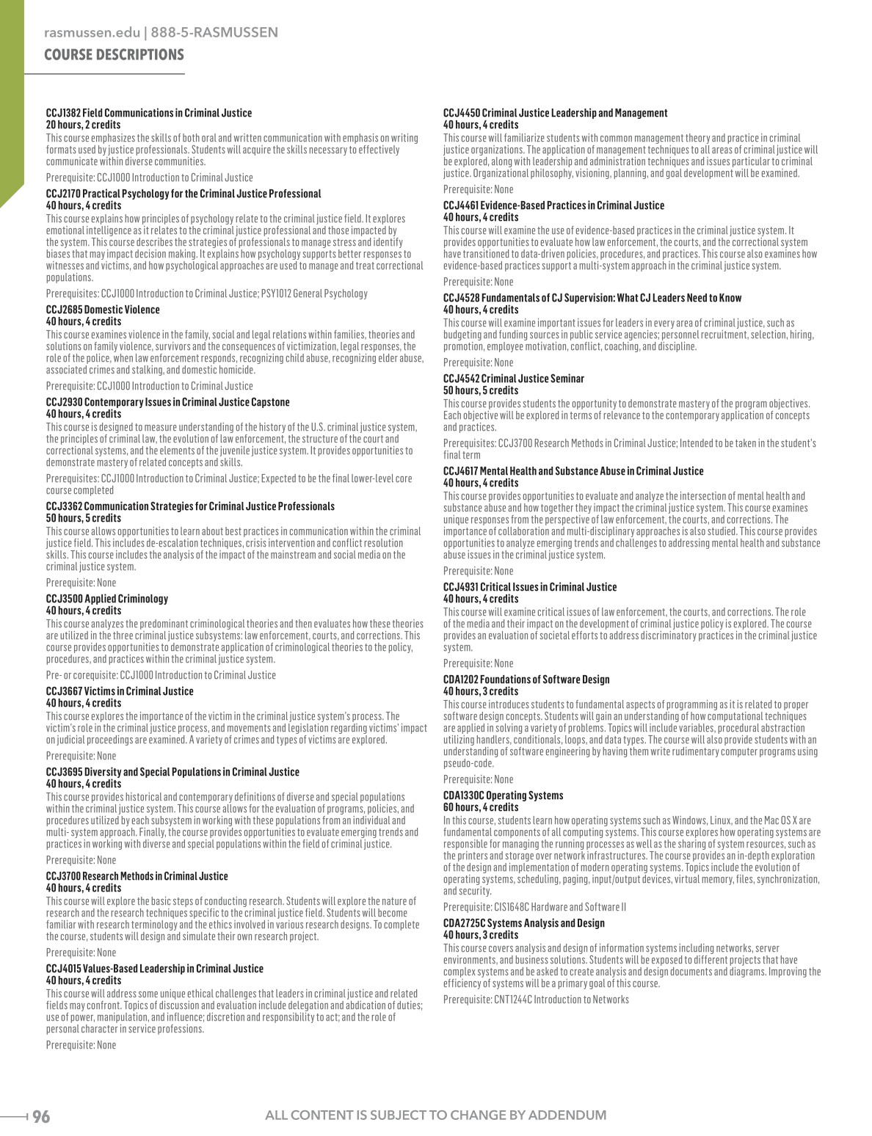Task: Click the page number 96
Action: (41, 1116)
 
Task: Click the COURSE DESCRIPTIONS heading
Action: (114, 55)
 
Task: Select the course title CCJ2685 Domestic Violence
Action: (103, 310)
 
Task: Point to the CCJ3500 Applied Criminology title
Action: (107, 599)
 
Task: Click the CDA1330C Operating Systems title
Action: (504, 795)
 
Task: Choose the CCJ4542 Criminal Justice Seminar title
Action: (514, 379)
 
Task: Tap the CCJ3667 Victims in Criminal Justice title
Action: (120, 691)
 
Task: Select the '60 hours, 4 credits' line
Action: (481, 807)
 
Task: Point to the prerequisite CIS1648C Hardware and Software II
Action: (534, 907)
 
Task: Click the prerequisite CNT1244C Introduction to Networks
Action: (536, 1000)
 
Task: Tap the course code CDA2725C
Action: (464, 923)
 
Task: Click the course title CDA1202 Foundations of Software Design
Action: (526, 680)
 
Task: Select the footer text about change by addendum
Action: (435, 1116)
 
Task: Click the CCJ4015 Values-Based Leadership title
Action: (155, 969)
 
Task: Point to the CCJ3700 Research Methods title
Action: (137, 876)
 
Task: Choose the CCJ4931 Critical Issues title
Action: (530, 587)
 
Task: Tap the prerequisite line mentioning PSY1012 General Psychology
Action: (207, 294)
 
